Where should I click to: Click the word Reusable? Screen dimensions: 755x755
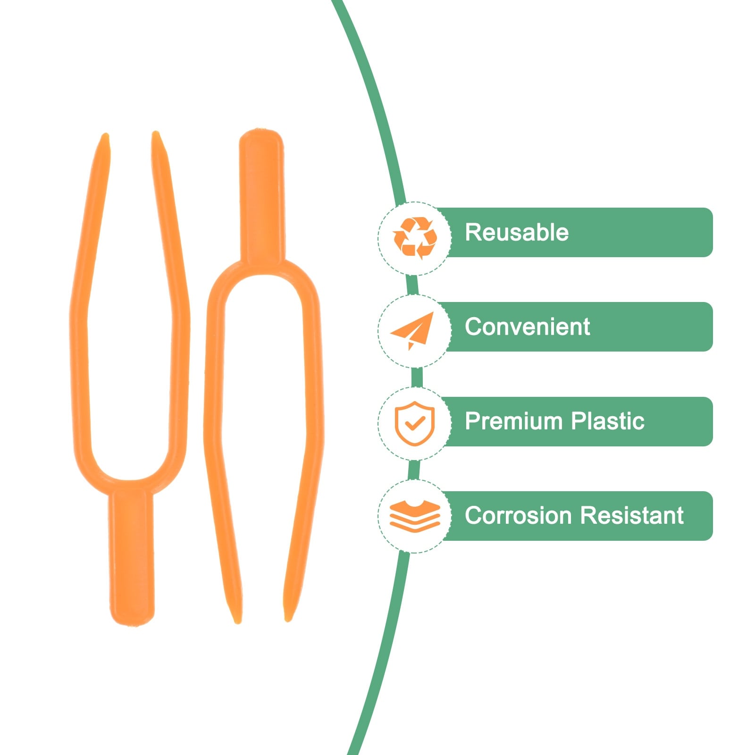[x=517, y=232]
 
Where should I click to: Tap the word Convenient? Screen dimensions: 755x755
[x=527, y=327]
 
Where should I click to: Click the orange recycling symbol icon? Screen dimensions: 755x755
[x=415, y=238]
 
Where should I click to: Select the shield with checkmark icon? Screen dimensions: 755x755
[x=414, y=423]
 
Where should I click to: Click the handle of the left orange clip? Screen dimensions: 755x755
[x=132, y=557]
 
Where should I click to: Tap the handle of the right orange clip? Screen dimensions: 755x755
[x=262, y=193]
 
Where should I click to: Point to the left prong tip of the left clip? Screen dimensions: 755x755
[x=105, y=138]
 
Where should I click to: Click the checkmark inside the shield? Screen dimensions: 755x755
[x=415, y=423]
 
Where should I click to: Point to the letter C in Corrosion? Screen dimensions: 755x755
[x=473, y=515]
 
